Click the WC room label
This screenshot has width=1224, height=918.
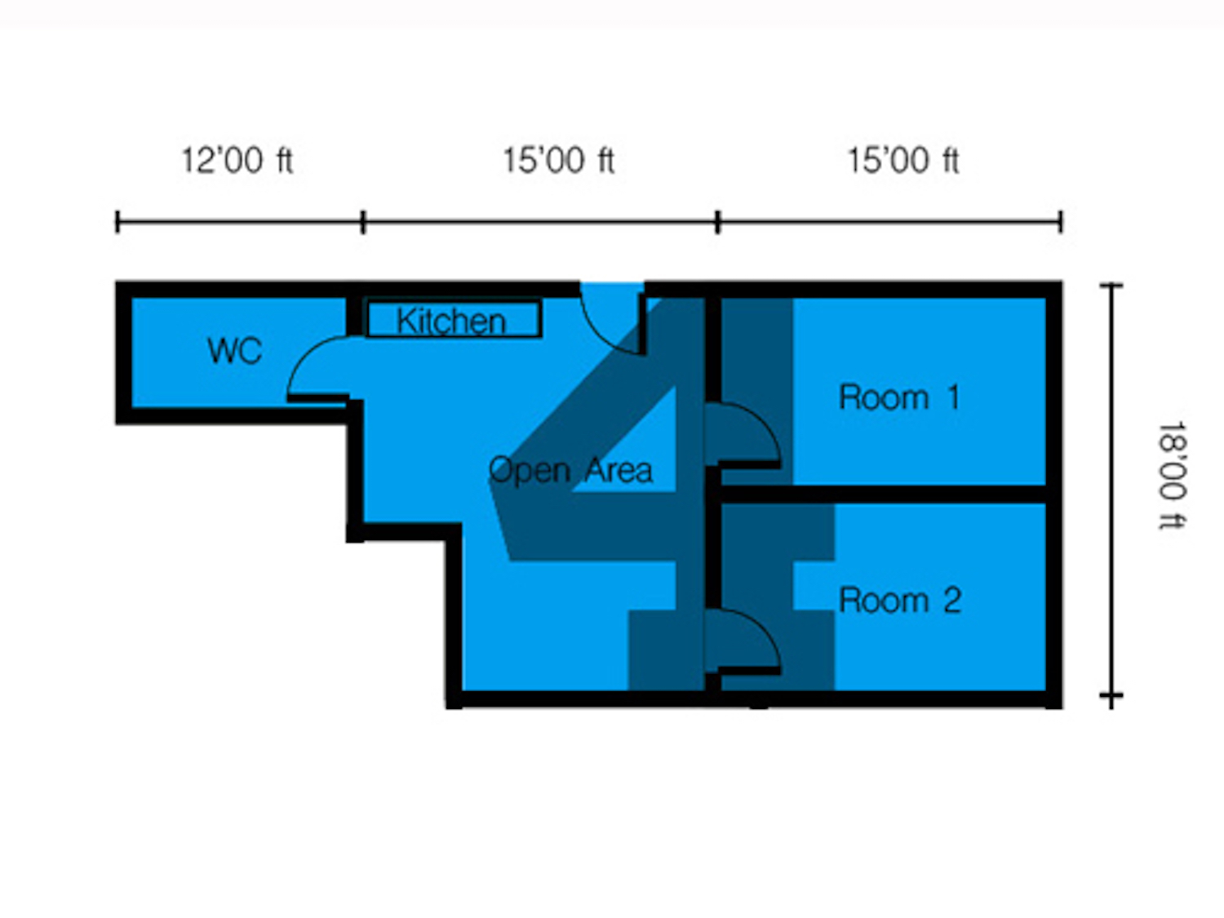pos(234,351)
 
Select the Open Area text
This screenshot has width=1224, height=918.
pos(570,471)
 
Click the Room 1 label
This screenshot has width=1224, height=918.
pos(899,397)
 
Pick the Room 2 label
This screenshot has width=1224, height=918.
pos(900,601)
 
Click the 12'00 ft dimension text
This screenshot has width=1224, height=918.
pos(237,161)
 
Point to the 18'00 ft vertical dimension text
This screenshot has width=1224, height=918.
pos(1172,476)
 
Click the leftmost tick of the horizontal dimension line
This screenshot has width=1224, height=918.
pos(118,222)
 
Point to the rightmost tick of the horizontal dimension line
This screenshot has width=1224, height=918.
pos(1061,222)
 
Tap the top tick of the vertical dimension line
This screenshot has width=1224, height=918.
pos(1111,286)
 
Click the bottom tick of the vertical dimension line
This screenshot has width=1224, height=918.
pos(1111,695)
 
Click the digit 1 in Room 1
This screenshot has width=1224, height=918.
pos(954,397)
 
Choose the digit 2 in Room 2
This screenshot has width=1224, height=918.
pos(952,601)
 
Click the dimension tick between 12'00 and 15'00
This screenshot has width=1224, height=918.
pos(363,222)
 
